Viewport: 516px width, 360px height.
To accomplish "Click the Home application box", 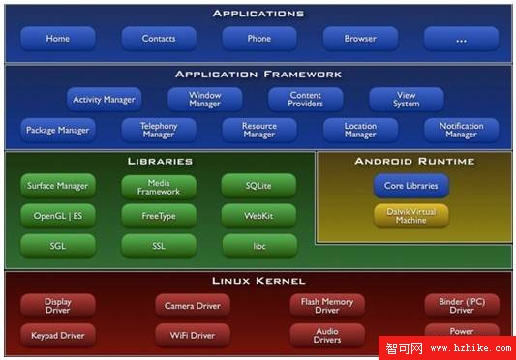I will point(57,39).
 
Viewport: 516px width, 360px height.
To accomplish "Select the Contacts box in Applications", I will point(158,39).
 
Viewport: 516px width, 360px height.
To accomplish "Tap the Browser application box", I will point(360,39).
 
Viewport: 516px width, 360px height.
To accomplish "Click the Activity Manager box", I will point(104,99).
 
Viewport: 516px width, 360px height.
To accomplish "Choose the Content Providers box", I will point(306,99).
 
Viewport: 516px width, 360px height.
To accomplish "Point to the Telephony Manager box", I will point(158,130).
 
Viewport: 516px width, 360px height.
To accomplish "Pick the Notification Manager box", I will point(461,130).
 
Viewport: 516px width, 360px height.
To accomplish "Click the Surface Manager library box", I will point(57,186).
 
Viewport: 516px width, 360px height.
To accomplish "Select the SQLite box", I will point(258,186).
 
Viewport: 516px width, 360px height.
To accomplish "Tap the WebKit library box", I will point(258,215).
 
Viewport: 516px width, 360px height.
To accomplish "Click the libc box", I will point(258,245).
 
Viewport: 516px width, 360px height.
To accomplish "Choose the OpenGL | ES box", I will point(57,215).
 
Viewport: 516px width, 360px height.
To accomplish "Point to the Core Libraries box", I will point(410,186).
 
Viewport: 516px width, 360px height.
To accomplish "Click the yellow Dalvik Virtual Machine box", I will point(410,216).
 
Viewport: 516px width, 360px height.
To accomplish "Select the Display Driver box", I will point(57,306).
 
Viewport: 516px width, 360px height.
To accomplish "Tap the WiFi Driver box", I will point(192,336).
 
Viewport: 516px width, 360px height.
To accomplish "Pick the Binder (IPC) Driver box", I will point(461,306).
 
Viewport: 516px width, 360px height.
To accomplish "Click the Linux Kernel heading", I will point(258,281).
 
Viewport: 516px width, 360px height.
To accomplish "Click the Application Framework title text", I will point(258,74).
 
